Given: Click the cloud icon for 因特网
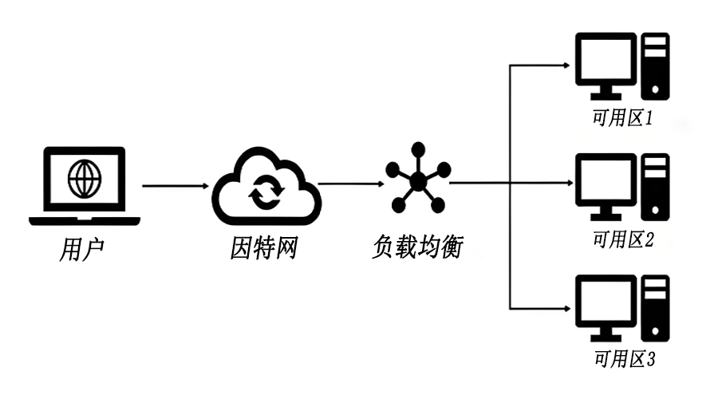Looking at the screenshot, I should point(263,188).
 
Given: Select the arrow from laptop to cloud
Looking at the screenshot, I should point(175,187).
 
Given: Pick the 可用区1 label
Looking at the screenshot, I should point(622,120).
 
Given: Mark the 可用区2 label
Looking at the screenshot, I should point(622,239).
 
